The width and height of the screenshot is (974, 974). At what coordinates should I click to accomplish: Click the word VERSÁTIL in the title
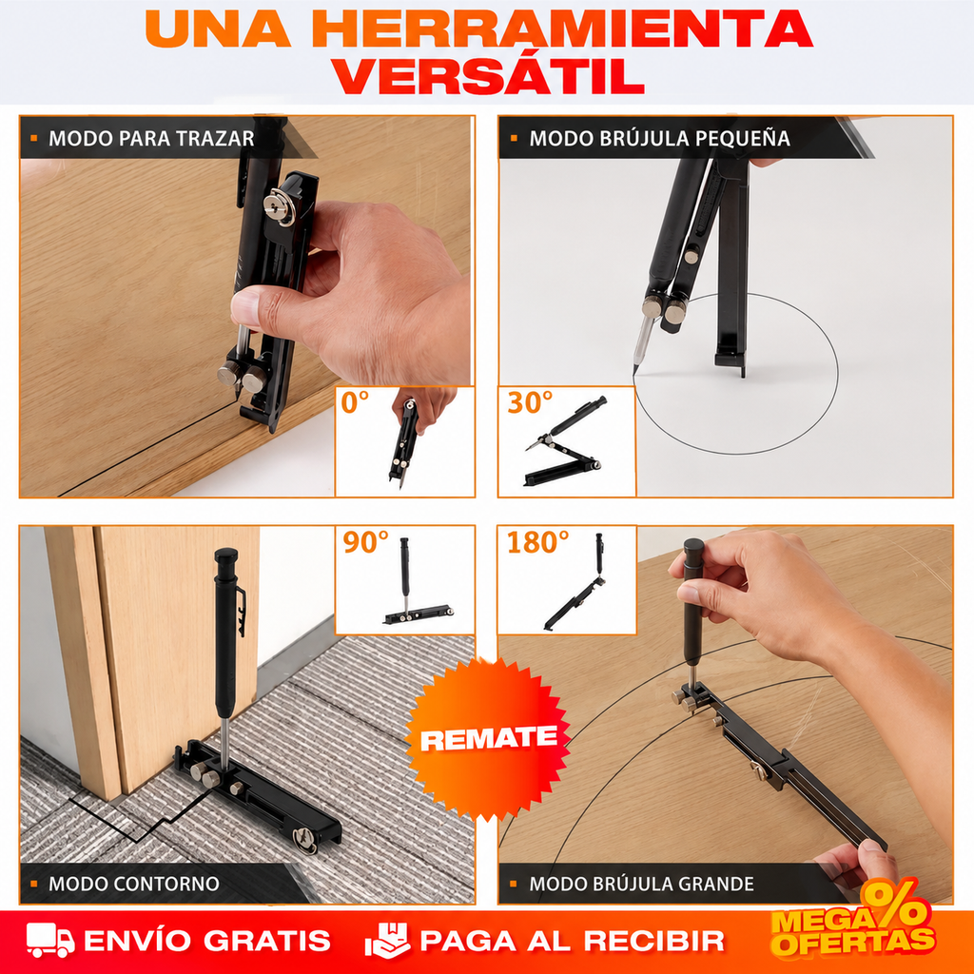pyautogui.click(x=489, y=77)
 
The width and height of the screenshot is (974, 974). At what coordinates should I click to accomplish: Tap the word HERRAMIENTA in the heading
pyautogui.click(x=562, y=29)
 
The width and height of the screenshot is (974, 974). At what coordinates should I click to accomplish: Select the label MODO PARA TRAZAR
pyautogui.click(x=151, y=139)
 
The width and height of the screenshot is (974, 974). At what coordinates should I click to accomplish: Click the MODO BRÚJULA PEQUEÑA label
pyautogui.click(x=659, y=138)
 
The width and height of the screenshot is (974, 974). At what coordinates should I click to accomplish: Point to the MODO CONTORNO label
pyautogui.click(x=133, y=884)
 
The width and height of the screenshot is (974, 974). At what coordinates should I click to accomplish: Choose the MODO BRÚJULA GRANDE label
pyautogui.click(x=641, y=884)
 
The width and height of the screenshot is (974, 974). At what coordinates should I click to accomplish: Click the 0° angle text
pyautogui.click(x=355, y=402)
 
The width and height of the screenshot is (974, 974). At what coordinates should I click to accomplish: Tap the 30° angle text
pyautogui.click(x=529, y=402)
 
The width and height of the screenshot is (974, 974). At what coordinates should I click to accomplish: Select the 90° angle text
pyautogui.click(x=365, y=542)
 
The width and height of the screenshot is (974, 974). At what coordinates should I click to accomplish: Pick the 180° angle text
pyautogui.click(x=537, y=542)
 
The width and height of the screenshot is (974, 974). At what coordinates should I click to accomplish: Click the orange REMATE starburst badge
pyautogui.click(x=488, y=738)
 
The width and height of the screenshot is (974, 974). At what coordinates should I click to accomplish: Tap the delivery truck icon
pyautogui.click(x=50, y=940)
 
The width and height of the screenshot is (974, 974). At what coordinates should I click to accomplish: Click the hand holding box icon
pyautogui.click(x=387, y=940)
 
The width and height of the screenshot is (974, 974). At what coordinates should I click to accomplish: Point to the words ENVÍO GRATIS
pyautogui.click(x=206, y=941)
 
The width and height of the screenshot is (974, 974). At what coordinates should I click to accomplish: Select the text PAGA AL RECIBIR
pyautogui.click(x=572, y=941)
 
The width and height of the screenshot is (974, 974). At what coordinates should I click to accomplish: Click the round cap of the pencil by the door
pyautogui.click(x=226, y=555)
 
